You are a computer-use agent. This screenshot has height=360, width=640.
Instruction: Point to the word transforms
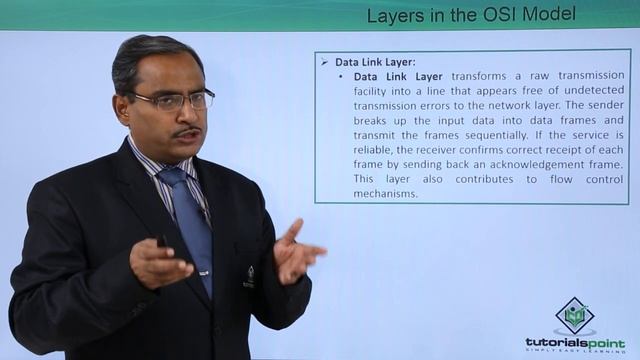(x=485, y=76)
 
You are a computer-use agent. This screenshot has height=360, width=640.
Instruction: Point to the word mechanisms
(x=385, y=193)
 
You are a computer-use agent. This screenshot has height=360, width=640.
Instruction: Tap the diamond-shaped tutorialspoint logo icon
(x=575, y=316)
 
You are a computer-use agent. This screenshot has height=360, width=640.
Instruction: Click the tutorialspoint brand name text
(x=575, y=343)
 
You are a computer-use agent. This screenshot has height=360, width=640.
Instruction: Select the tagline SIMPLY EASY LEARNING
(x=575, y=354)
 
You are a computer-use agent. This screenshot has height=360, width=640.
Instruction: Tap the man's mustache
(x=186, y=131)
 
